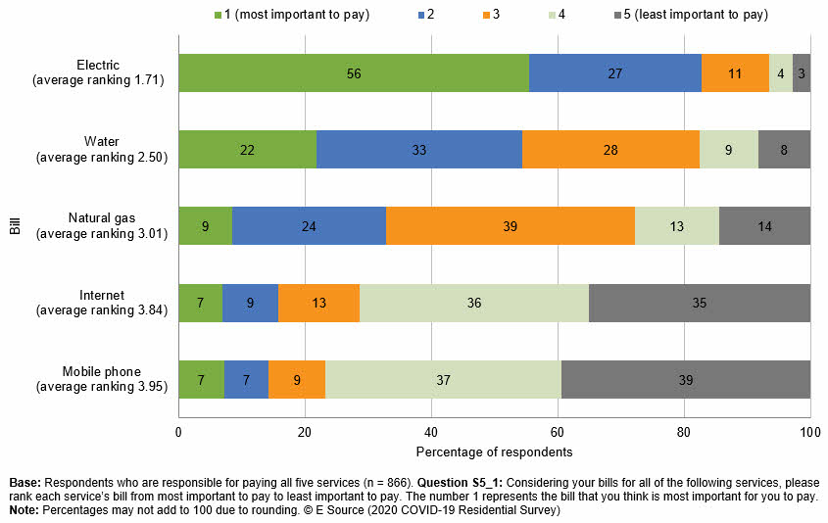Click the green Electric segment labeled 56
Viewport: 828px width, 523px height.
coord(354,73)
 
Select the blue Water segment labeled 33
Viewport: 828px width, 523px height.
coord(419,150)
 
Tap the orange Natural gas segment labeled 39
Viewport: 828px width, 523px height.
coord(511,226)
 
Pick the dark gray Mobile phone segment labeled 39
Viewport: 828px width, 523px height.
coord(686,379)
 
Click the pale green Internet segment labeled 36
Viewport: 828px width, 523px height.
coord(474,303)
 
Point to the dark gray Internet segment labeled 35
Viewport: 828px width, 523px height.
coord(700,303)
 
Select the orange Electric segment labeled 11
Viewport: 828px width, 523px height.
coord(735,73)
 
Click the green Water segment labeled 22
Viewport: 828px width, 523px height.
coord(247,150)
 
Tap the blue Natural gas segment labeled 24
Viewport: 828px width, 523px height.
coord(309,226)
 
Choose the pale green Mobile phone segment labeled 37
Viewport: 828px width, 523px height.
coord(443,379)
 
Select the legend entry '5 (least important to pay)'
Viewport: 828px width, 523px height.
coord(689,15)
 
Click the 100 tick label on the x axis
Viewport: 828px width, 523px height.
coord(809,432)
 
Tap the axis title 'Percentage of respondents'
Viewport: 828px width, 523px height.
coord(494,452)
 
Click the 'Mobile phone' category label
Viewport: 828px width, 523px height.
coord(102,371)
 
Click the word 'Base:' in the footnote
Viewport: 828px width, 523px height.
coord(25,483)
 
